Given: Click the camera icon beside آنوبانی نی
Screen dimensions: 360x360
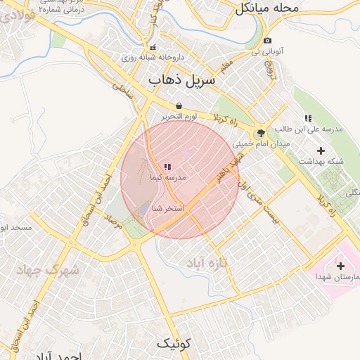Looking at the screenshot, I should click(x=267, y=41).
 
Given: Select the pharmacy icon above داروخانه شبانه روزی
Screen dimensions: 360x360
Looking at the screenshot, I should click(x=153, y=47).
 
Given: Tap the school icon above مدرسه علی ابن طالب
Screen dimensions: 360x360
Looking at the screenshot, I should click(x=307, y=119).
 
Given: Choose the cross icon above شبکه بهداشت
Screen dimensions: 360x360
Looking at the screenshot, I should click(x=321, y=150).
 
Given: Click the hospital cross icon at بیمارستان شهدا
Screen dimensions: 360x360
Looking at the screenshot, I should click(x=341, y=266).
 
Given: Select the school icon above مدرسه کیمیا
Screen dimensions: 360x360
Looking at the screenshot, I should click(x=167, y=167).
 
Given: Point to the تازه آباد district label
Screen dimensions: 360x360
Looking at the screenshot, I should click(x=205, y=262).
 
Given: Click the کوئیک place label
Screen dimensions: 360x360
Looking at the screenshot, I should click(x=173, y=343).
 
